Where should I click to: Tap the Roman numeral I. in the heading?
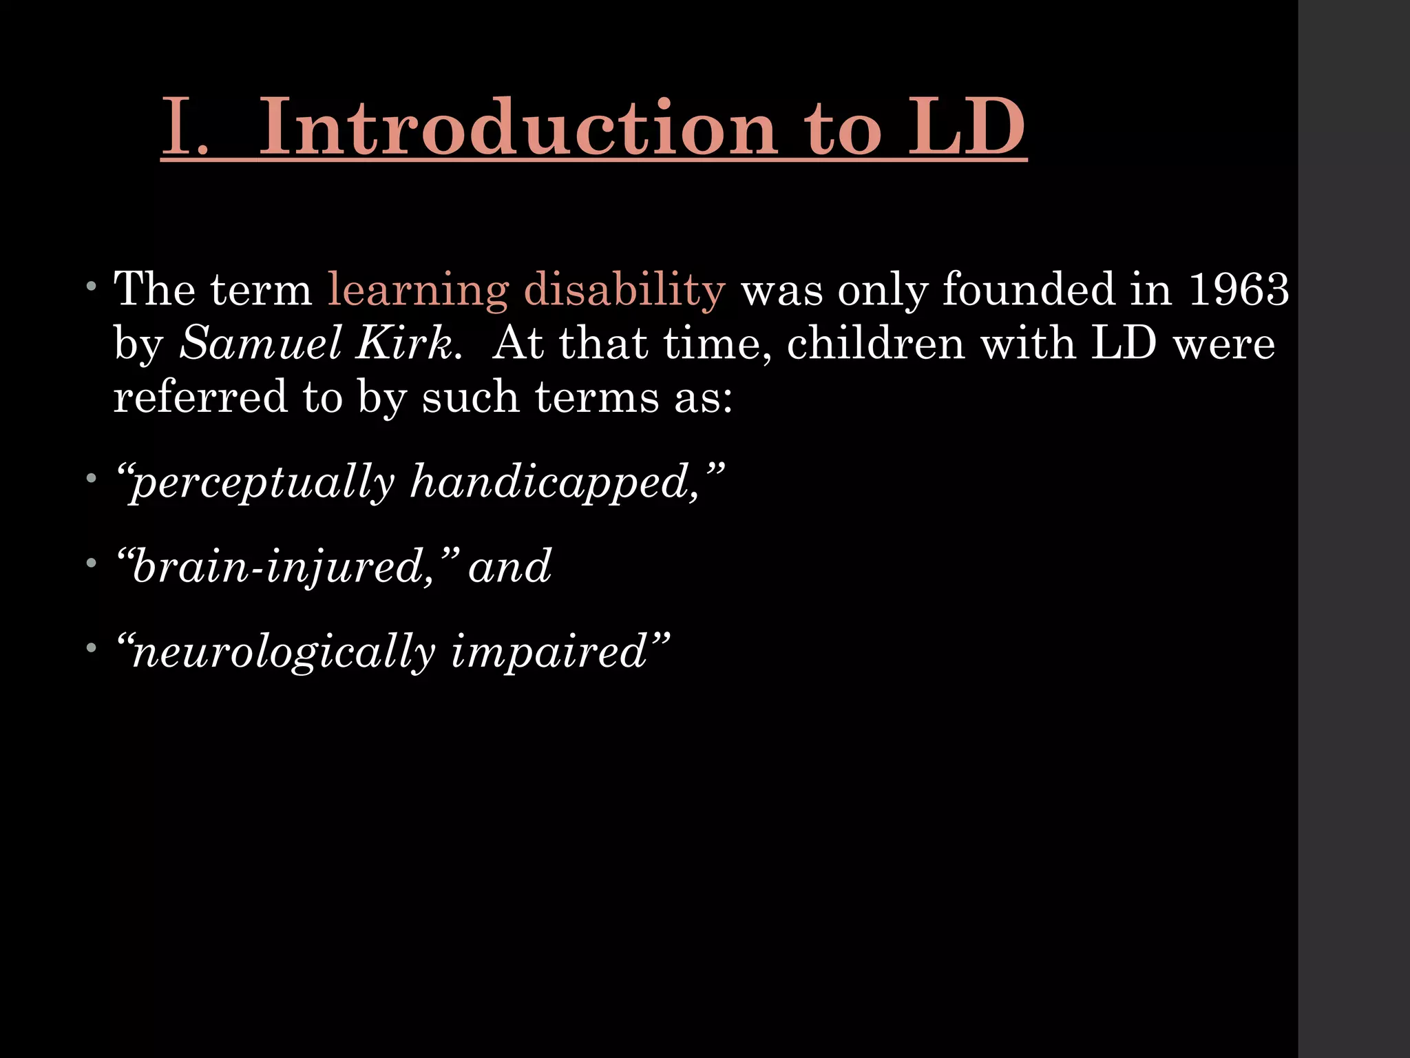[185, 128]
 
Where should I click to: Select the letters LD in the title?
[967, 127]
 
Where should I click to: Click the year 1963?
[1239, 289]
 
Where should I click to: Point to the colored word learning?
[418, 290]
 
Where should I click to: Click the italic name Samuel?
[261, 343]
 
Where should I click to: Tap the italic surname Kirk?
[404, 343]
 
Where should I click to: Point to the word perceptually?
[262, 482]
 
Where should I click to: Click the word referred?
[200, 397]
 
